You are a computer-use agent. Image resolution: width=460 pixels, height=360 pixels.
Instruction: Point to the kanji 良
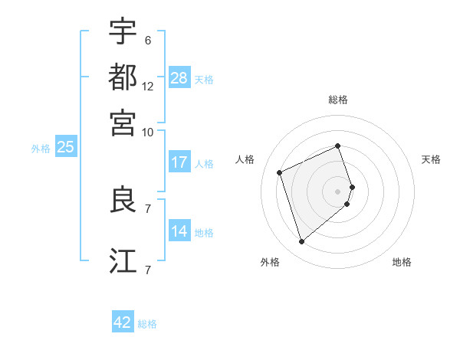pos(123,201)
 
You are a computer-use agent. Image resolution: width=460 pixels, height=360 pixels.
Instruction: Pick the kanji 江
pos(123,261)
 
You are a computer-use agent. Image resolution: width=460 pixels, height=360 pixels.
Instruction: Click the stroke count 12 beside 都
pos(148,87)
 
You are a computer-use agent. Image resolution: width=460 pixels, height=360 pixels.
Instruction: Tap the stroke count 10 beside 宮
pos(148,132)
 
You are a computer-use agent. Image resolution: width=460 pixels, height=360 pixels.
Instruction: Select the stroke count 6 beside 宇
pos(147,41)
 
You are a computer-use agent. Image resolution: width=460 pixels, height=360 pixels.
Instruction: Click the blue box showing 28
pos(179,78)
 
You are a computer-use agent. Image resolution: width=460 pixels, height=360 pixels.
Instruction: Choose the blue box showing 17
pos(179,162)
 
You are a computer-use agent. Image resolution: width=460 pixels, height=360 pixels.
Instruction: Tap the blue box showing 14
pos(179,231)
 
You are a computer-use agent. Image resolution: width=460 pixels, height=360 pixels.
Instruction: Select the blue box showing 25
pos(65,147)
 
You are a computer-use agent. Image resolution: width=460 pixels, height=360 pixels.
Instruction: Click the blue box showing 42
pos(123,322)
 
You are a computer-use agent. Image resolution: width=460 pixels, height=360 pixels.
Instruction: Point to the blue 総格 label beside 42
pos(147,324)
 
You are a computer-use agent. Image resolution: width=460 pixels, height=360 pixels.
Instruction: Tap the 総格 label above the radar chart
pos(338,100)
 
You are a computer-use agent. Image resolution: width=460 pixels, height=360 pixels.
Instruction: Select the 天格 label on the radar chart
pos(432,159)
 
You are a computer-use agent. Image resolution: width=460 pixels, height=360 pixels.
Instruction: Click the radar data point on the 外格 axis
pos(301,242)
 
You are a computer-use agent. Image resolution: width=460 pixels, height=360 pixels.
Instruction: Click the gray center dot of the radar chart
pos(338,191)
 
